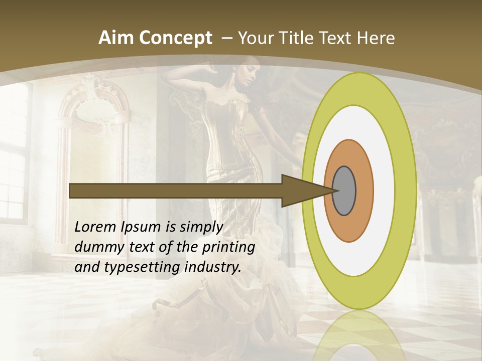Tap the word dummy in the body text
(x=96, y=247)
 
